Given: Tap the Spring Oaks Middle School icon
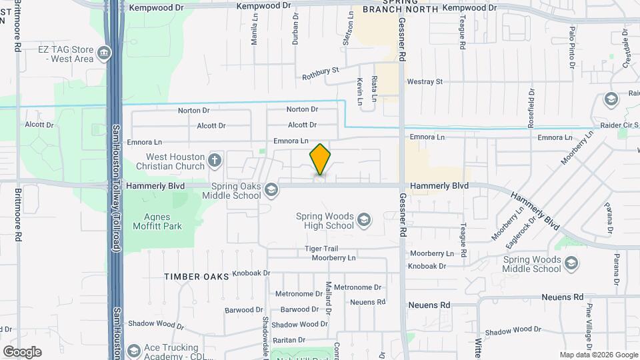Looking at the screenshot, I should pyautogui.click(x=271, y=191).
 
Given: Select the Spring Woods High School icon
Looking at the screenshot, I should pyautogui.click(x=363, y=220).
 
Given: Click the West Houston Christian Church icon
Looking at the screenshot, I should pyautogui.click(x=214, y=160).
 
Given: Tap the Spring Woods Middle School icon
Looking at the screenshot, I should pyautogui.click(x=571, y=265).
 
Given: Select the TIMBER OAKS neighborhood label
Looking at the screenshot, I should pyautogui.click(x=197, y=276).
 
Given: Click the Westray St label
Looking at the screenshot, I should pyautogui.click(x=425, y=82).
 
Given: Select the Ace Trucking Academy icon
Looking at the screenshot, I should pyautogui.click(x=134, y=351).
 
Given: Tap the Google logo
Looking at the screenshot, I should pyautogui.click(x=22, y=352).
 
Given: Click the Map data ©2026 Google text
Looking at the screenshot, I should pyautogui.click(x=598, y=355).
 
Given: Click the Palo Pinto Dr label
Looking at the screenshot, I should pyautogui.click(x=571, y=47).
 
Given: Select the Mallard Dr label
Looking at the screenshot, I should pyautogui.click(x=329, y=298).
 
